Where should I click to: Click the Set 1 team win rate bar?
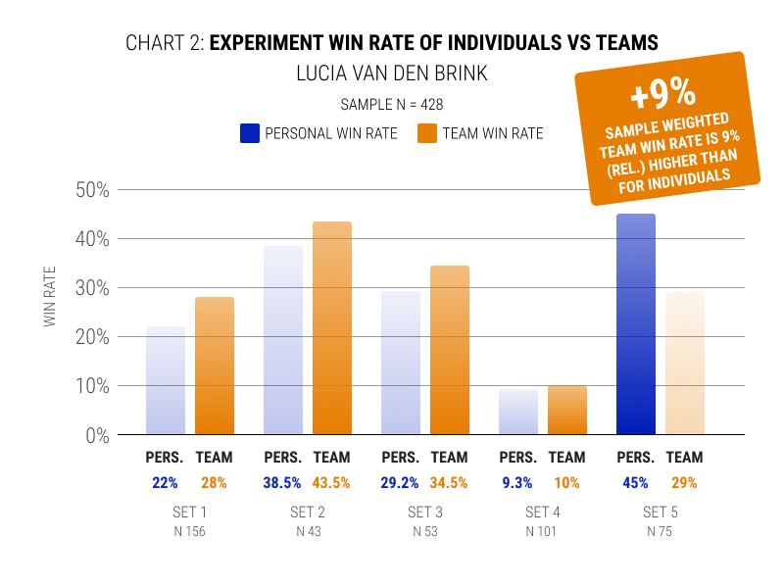coord(215,366)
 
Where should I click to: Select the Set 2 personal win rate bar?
coord(283,340)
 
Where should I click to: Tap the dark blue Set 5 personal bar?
coord(636,324)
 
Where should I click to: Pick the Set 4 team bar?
coord(567,410)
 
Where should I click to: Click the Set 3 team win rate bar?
coord(450,350)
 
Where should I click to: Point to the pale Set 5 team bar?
coord(685,364)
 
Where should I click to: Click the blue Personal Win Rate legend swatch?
coord(249,132)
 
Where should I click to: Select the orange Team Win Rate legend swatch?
coord(426,132)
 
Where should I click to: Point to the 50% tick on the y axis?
coord(91,189)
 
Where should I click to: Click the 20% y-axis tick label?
coord(91,336)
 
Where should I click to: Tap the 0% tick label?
coord(96,435)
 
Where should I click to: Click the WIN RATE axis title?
coord(50,294)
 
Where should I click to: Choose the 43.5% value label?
coord(331,482)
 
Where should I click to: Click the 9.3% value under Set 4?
coord(518,482)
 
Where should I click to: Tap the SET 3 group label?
coord(425,513)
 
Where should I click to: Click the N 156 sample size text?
coord(190,532)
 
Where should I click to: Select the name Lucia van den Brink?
coord(392,73)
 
